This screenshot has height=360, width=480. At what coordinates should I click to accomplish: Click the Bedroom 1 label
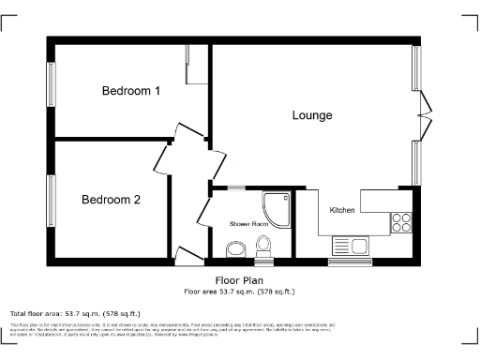130,91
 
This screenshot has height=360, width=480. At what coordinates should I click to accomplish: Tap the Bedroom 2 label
111,200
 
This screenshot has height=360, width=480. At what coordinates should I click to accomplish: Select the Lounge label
312,116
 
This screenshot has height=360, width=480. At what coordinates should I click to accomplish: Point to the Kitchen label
342,210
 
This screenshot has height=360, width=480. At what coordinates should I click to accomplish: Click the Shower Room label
249,225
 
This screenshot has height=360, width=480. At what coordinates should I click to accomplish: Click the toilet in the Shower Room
263,246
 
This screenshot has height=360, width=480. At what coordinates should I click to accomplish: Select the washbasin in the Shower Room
234,249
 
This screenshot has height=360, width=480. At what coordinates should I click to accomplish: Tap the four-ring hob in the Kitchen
402,223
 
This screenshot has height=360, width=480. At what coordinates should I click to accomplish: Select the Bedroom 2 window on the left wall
52,198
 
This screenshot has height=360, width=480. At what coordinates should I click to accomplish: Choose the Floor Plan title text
239,279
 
